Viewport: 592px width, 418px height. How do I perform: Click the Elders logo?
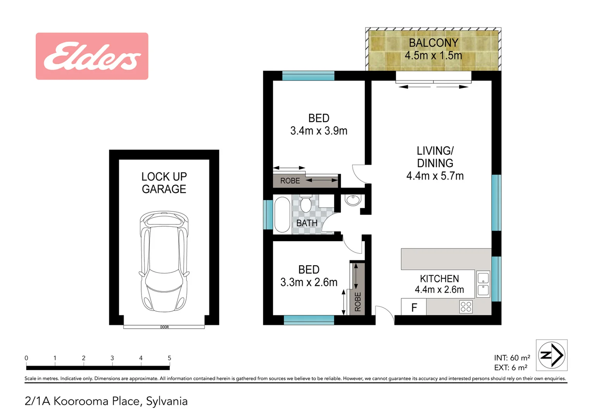tap(92, 56)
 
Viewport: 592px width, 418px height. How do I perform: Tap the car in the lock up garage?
tap(164, 261)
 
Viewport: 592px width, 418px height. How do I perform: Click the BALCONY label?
tap(433, 43)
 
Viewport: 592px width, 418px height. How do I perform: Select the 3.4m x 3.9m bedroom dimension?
tap(319, 131)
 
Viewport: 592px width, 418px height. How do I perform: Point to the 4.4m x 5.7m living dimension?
tap(435, 176)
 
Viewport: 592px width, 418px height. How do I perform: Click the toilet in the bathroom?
tap(306, 204)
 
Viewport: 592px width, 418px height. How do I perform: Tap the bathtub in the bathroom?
tap(282, 215)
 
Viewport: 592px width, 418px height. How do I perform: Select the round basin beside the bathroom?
tap(353, 200)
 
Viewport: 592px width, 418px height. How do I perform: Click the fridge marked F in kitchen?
tap(414, 307)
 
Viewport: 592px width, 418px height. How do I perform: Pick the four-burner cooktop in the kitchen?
tap(466, 307)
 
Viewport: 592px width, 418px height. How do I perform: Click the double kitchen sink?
tap(483, 284)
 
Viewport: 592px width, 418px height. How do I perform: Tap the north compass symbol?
tap(551, 355)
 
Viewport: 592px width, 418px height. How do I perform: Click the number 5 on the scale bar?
tap(169, 358)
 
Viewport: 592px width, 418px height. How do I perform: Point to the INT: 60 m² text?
tap(512, 358)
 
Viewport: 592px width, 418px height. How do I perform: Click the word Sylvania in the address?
tap(167, 401)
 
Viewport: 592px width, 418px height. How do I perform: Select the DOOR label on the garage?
tap(164, 327)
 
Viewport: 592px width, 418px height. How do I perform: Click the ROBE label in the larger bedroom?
tap(290, 181)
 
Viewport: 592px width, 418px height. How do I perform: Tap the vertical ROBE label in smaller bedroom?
tap(358, 302)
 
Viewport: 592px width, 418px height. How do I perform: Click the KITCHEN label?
tap(439, 279)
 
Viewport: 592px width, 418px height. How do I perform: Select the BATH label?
tap(307, 223)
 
